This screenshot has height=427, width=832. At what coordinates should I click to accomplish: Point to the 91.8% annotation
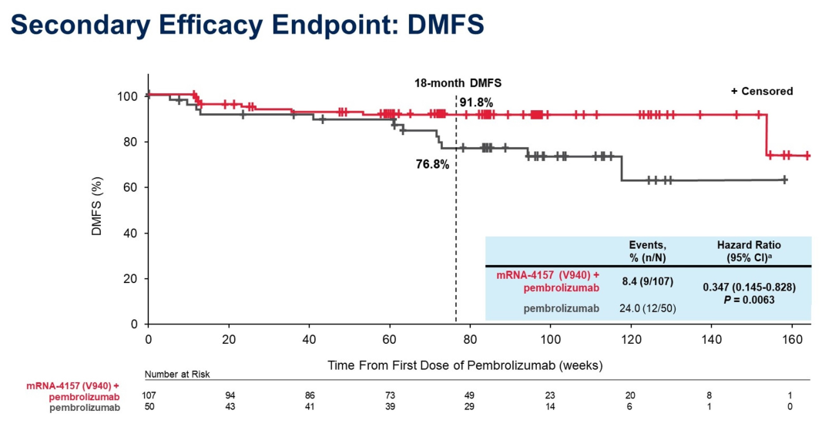coord(477,102)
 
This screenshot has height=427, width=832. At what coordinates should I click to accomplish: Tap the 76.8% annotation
coord(432,163)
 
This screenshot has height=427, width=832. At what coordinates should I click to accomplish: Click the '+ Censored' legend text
coord(761,91)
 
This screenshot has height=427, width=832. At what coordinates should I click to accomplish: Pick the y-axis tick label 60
coord(131,187)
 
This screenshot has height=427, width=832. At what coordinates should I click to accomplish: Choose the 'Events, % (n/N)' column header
coord(647,250)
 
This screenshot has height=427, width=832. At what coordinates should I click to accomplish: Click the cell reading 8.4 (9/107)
coord(647,281)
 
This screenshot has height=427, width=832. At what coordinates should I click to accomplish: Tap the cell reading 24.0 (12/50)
coord(647,309)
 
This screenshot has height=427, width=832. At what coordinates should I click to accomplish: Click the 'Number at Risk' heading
coord(177,374)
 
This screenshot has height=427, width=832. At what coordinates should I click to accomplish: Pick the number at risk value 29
coord(469,406)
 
